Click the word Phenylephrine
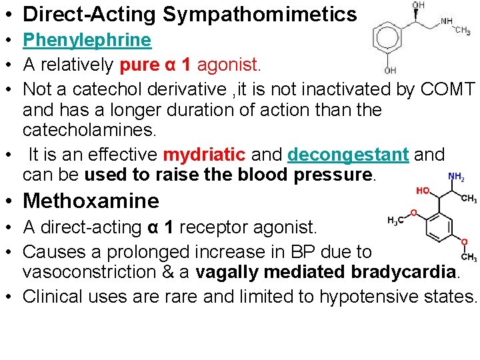pos(87,40)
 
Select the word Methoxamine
pos(91,201)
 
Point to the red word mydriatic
pos(204,155)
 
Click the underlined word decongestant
pos(348,155)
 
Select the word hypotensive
pos(366,296)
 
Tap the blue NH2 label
pos(456,177)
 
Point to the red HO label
pos(423,191)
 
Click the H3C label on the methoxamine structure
pos(396,221)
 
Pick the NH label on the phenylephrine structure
pos(447,21)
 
